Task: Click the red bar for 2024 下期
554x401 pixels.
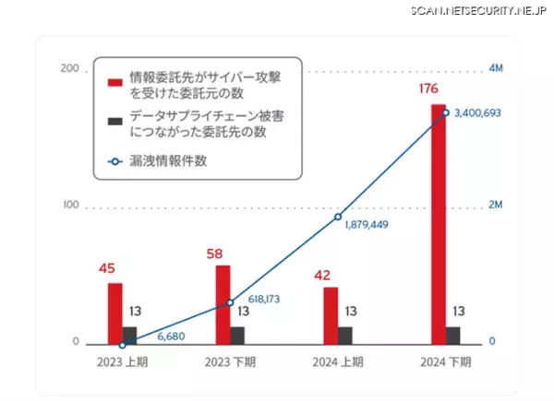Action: (439, 224)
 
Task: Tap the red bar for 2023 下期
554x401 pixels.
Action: (223, 304)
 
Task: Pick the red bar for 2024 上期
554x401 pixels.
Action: (331, 315)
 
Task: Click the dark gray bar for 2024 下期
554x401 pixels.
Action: (453, 335)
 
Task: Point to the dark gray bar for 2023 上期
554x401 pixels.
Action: (130, 335)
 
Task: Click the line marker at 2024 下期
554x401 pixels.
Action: (446, 112)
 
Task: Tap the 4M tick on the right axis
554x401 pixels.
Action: (495, 70)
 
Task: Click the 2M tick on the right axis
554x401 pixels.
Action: (495, 206)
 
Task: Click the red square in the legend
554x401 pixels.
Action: (115, 81)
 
